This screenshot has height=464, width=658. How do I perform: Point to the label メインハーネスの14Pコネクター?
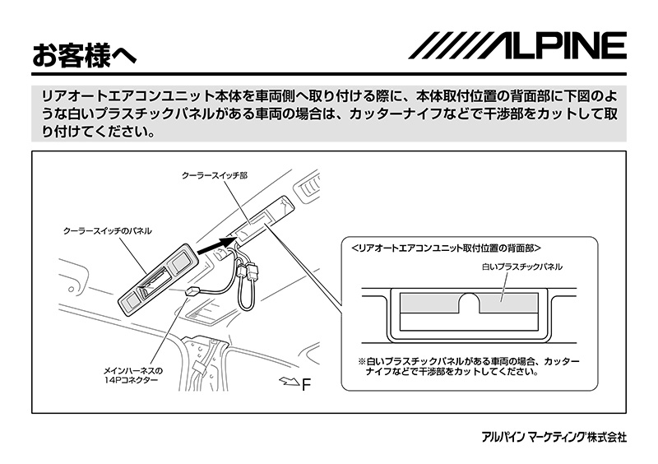(132, 375)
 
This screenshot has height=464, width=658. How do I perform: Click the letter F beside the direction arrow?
(307, 383)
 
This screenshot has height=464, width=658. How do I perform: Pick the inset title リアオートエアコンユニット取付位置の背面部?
(444, 248)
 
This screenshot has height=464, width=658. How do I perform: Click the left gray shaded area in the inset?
(429, 302)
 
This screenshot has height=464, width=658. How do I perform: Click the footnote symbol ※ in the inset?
(361, 361)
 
